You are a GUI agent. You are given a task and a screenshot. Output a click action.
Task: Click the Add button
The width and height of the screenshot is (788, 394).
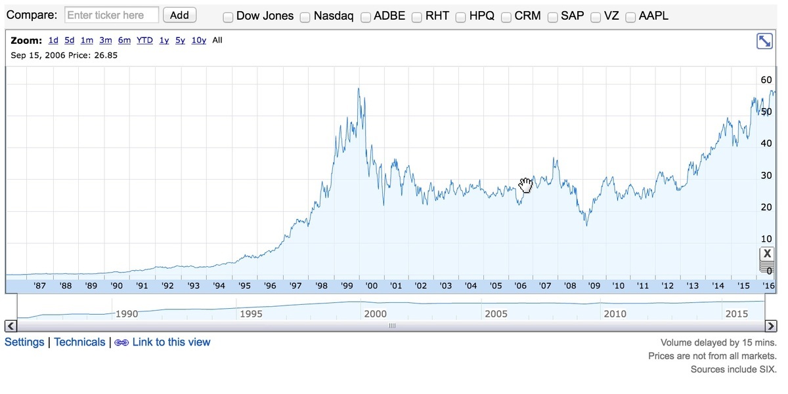179,15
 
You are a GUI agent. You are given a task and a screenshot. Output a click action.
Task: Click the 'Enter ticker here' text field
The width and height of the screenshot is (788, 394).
112,15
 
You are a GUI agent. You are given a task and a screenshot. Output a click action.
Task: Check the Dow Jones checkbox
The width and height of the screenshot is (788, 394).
228,17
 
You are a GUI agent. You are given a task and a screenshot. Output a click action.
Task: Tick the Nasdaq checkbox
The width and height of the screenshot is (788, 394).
305,17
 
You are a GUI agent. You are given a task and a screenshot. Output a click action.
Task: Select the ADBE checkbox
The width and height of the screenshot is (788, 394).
366,17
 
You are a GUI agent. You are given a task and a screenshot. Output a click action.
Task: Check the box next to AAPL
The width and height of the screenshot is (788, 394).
630,17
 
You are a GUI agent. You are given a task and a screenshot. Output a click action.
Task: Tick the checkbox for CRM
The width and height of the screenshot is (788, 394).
506,17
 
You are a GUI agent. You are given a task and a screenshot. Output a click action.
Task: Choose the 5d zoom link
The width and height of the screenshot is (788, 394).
69,41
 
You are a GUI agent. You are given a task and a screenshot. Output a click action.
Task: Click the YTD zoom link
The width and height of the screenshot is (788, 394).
144,41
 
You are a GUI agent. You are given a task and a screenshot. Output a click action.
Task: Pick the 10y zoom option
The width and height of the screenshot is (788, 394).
198,41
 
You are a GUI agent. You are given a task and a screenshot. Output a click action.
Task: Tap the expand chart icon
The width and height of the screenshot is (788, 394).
764,41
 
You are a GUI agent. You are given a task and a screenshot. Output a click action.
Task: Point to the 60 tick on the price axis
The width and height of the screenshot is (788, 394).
766,80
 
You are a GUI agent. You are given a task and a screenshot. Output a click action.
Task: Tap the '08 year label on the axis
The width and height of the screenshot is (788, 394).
570,286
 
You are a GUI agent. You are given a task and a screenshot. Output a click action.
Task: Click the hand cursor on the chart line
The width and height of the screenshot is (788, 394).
525,185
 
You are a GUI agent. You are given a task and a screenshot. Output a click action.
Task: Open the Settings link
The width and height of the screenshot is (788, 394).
24,342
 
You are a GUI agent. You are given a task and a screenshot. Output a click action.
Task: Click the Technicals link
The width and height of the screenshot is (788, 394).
79,342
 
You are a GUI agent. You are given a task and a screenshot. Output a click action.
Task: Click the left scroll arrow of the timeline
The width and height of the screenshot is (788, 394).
11,326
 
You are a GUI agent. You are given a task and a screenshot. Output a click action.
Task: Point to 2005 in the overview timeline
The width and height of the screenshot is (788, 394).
496,313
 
